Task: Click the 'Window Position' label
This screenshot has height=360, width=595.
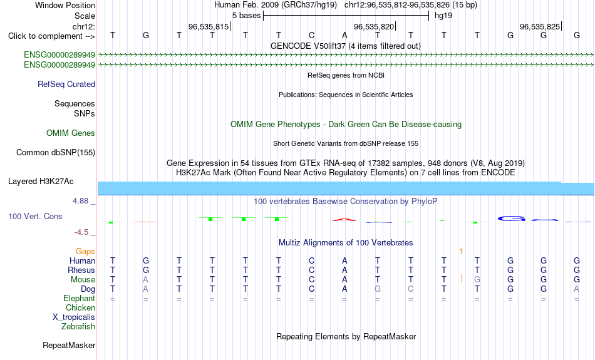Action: [x=65, y=5]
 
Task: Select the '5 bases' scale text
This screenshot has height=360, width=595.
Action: [x=247, y=16]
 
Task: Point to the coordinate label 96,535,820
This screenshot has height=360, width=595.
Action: [x=374, y=26]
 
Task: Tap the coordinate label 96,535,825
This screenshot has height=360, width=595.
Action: [x=540, y=26]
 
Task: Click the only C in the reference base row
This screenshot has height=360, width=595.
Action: [x=311, y=35]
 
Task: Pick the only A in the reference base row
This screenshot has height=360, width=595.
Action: [x=344, y=35]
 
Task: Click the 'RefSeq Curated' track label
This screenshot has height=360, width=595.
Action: [x=66, y=85]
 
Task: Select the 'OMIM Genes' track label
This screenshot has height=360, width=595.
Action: [x=71, y=133]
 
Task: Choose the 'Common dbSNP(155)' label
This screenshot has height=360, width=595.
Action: [x=56, y=153]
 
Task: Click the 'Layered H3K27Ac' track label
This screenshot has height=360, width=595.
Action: [x=41, y=182]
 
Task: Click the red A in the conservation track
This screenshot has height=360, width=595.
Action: [x=344, y=219]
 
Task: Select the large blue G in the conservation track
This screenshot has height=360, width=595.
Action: [x=512, y=219]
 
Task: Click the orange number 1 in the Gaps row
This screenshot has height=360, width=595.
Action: [x=461, y=252]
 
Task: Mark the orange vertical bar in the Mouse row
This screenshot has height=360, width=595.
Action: [x=462, y=279]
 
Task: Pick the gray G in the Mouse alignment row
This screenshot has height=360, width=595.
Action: [x=477, y=280]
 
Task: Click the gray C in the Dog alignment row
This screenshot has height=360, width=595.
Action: [x=411, y=289]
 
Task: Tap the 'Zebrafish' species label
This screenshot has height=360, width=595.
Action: [x=78, y=327]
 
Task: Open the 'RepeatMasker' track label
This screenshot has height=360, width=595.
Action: [x=69, y=345]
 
